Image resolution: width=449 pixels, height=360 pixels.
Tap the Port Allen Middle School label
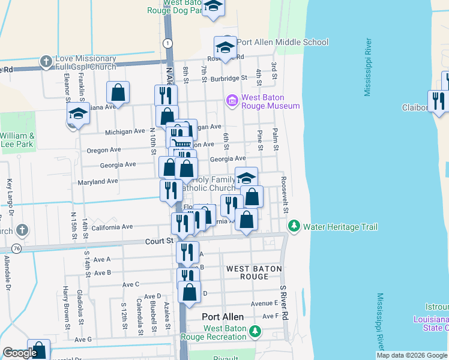282,42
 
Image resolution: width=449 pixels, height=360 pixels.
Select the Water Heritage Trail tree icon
294,226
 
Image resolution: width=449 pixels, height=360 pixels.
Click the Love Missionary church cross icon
46,61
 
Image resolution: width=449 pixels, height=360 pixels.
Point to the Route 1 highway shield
170,43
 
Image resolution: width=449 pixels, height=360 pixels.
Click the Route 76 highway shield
16,248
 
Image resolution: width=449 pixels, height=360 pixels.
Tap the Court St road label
159,241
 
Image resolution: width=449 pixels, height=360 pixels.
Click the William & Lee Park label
17,140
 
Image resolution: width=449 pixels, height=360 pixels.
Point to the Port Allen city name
223,317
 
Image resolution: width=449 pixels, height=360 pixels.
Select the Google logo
20,353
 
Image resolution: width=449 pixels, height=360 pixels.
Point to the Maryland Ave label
98,181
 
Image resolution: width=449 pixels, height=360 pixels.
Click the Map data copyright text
411,355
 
